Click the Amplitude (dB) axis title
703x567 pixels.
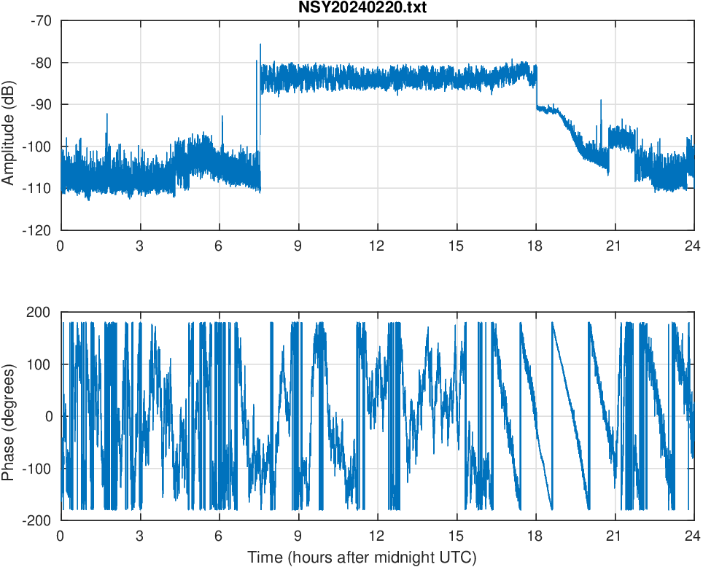pos(9,125)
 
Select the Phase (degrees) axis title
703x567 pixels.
pos(9,416)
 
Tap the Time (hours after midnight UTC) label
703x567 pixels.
pos(362,558)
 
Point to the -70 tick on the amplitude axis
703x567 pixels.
pos(41,20)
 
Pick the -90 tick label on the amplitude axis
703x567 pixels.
pos(41,104)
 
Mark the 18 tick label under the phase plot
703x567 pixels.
pos(535,536)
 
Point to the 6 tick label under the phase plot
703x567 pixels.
pos(219,536)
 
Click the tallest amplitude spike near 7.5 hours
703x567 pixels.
pos(260,45)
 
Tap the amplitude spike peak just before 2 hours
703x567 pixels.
pos(107,114)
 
